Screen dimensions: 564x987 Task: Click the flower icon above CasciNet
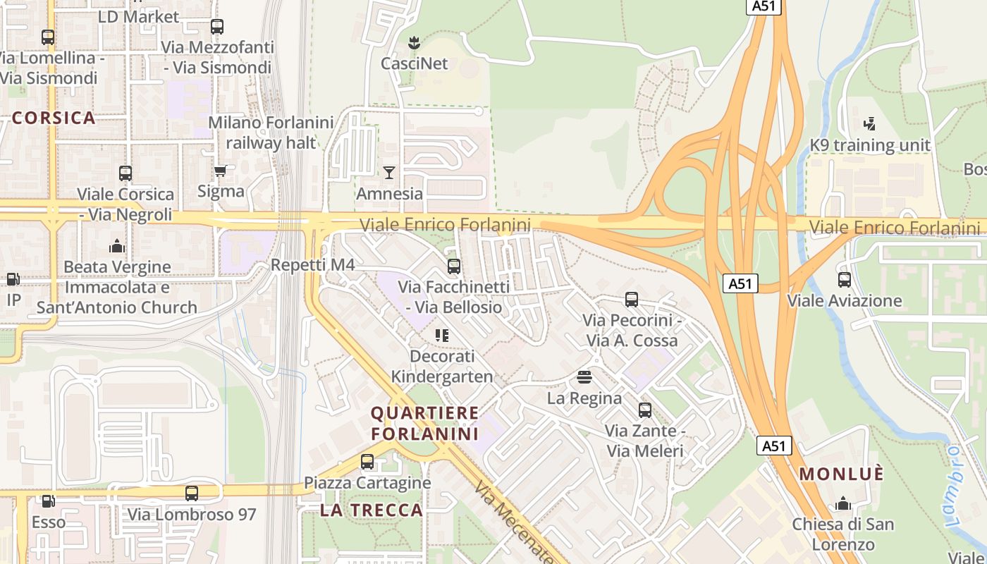point(414,43)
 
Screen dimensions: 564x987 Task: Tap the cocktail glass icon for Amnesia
point(388,173)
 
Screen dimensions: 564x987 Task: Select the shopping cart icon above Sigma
point(221,171)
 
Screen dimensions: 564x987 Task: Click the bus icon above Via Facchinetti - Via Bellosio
point(454,266)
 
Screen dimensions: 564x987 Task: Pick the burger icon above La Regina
point(584,377)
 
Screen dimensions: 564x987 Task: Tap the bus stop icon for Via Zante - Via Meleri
point(644,410)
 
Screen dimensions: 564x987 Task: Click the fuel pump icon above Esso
point(48,501)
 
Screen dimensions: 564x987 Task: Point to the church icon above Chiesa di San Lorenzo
point(842,504)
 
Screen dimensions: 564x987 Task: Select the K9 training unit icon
point(869,125)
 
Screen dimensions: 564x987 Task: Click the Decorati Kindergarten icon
point(442,336)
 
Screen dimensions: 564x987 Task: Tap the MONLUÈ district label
point(841,474)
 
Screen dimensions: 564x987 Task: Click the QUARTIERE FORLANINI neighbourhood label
point(424,423)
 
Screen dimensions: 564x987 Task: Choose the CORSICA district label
point(54,118)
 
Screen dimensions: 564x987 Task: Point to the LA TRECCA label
point(372,510)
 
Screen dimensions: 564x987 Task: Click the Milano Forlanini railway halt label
point(271,133)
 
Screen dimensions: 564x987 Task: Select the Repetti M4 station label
point(312,265)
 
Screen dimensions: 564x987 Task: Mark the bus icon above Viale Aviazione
point(844,280)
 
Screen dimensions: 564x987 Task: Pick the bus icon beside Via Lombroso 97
point(192,493)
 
